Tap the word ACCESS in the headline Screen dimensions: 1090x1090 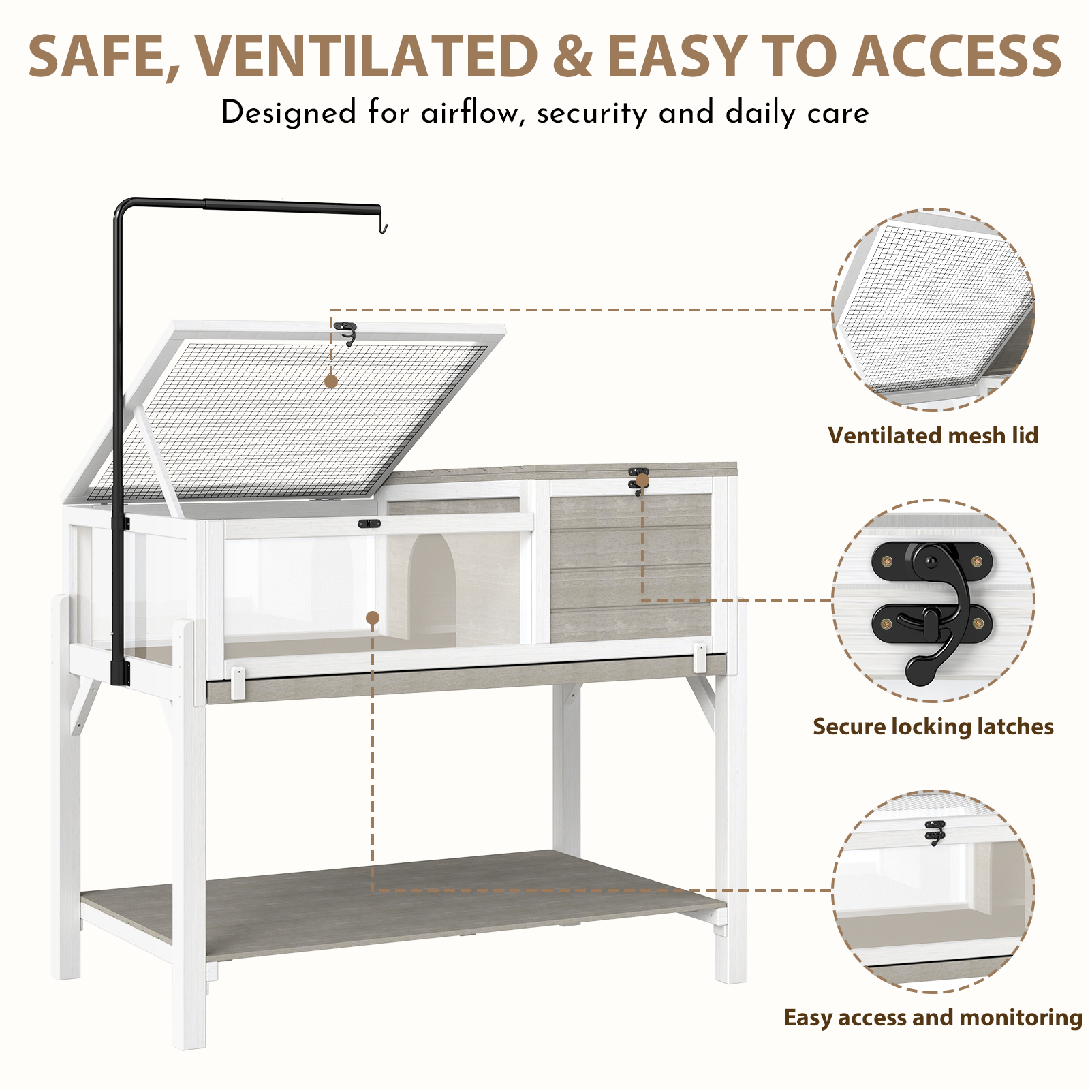click(x=956, y=56)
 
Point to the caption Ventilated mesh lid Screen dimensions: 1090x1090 click(x=933, y=435)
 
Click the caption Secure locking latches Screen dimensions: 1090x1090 click(x=933, y=727)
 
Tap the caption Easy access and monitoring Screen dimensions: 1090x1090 click(x=933, y=1017)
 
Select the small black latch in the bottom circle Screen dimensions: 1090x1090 click(x=935, y=832)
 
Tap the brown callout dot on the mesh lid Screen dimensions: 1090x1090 click(x=331, y=381)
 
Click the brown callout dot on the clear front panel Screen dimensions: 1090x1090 click(x=372, y=618)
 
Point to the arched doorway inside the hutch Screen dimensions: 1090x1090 click(x=431, y=586)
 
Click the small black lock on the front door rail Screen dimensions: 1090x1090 click(x=369, y=524)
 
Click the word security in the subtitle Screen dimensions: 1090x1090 click(x=591, y=113)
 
